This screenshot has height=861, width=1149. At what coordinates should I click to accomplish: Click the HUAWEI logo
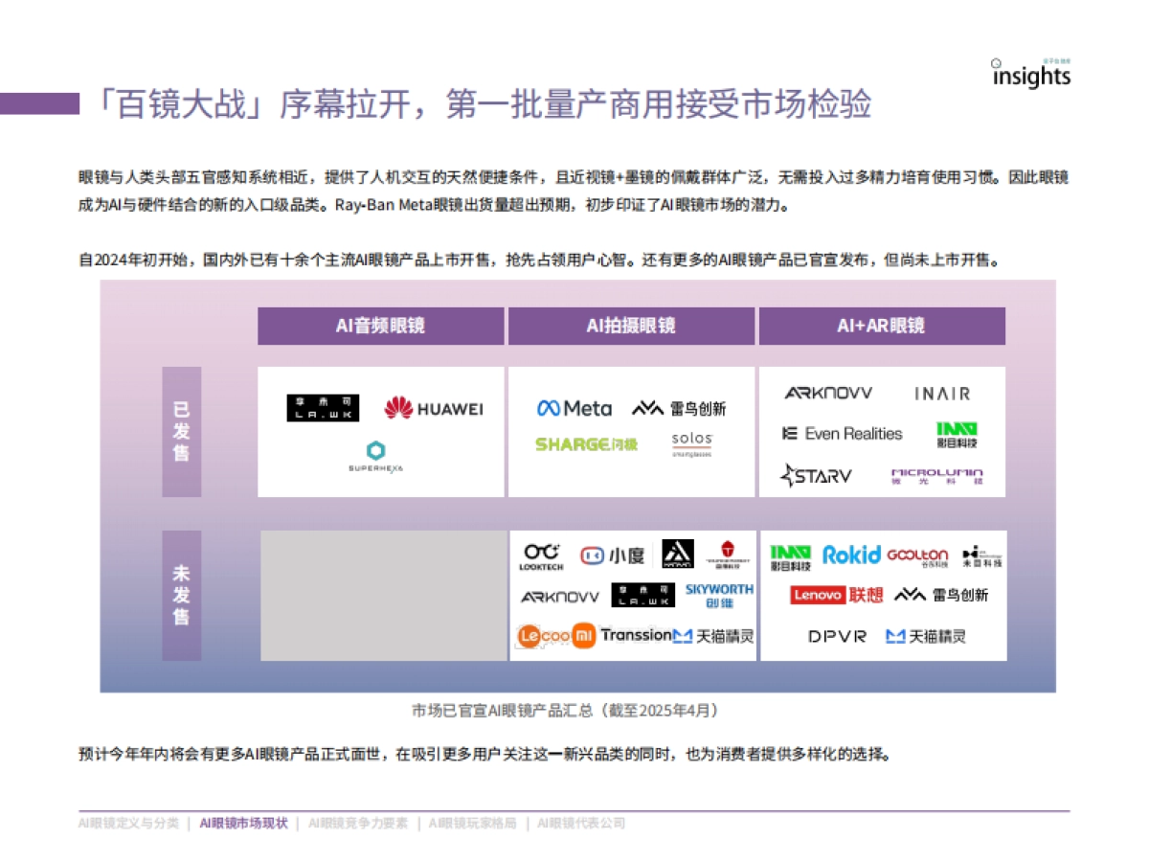(x=433, y=409)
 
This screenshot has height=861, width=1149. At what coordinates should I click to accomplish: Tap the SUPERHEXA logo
(x=375, y=456)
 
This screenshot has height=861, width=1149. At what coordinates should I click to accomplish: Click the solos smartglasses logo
(x=691, y=444)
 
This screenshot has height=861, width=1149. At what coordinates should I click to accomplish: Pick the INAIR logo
(x=941, y=394)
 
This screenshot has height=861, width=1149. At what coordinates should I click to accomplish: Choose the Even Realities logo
(x=842, y=434)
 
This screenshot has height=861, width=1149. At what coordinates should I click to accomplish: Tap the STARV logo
(x=816, y=475)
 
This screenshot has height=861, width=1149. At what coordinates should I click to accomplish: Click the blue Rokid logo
(x=850, y=555)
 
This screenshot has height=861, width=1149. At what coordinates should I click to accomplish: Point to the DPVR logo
(x=837, y=636)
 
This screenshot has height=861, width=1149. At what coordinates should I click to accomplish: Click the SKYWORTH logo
(x=719, y=595)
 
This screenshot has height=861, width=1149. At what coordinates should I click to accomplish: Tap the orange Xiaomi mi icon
(x=583, y=635)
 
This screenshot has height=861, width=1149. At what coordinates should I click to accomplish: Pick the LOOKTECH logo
(x=541, y=556)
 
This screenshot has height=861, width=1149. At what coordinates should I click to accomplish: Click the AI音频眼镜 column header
(x=380, y=326)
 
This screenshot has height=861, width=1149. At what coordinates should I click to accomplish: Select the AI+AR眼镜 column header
(x=881, y=326)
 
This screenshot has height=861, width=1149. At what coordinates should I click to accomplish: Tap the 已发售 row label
(x=181, y=431)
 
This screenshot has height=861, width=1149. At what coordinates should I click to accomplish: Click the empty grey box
(x=384, y=596)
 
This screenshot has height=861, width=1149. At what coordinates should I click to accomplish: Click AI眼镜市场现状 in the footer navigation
(x=243, y=823)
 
